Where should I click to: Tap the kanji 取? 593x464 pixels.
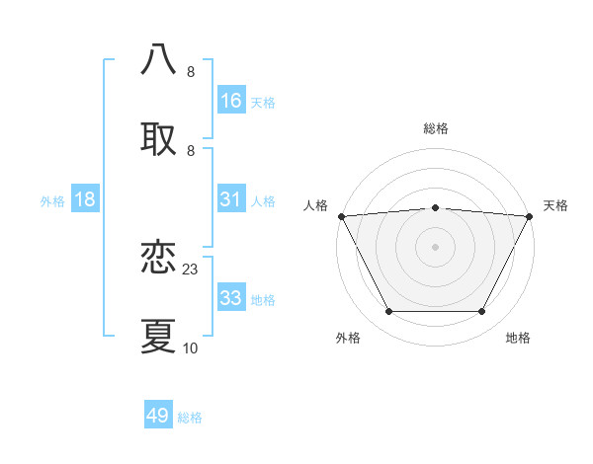click(159, 139)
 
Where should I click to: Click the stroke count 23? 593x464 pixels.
click(191, 269)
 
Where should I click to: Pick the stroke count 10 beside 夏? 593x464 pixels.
click(191, 348)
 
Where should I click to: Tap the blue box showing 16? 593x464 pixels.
click(230, 100)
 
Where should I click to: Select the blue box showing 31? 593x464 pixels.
click(230, 199)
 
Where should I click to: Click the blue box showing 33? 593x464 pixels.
click(230, 298)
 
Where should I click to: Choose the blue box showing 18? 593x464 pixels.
click(85, 199)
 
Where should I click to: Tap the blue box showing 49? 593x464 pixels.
click(158, 416)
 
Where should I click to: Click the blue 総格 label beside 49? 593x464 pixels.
click(190, 418)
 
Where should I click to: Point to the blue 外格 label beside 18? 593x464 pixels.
click(52, 200)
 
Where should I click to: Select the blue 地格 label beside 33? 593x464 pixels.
click(263, 299)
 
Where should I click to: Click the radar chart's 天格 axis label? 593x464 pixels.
click(555, 205)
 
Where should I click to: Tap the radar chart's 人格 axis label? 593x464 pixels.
click(316, 205)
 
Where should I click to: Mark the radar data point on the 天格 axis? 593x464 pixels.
click(531, 216)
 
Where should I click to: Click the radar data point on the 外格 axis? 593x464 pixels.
click(388, 312)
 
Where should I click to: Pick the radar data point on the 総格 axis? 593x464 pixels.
click(436, 207)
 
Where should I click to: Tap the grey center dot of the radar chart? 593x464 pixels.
click(436, 247)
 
